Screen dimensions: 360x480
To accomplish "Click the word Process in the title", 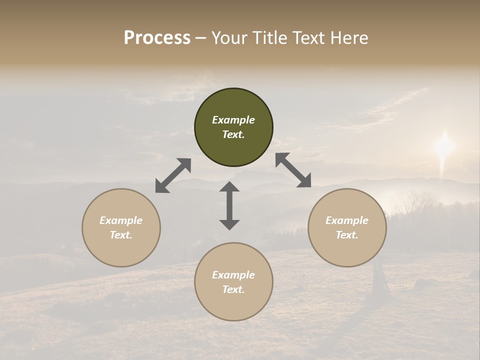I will click(157, 38).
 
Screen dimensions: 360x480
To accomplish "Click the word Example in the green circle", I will click(233, 120).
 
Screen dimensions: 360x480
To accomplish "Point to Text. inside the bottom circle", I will click(233, 289).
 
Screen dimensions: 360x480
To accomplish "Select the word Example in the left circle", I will click(121, 220).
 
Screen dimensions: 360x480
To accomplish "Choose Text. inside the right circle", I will click(347, 235).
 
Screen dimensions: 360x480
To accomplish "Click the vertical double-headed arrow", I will click(229, 205).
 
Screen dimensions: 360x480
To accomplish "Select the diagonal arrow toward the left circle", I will click(173, 175).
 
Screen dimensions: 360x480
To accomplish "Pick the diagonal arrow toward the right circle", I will click(293, 170).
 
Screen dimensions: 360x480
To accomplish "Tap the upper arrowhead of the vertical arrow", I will click(229, 186).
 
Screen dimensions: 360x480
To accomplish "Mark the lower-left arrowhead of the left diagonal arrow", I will click(161, 186).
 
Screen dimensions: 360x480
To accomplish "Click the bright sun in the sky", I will click(443, 146).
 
